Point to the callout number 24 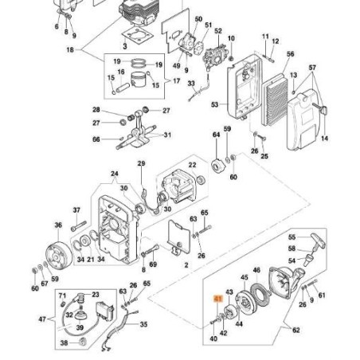pos(114,174)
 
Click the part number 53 pos(213,104)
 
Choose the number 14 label pos(324,139)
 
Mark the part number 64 pos(215,135)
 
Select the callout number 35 pos(143,324)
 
